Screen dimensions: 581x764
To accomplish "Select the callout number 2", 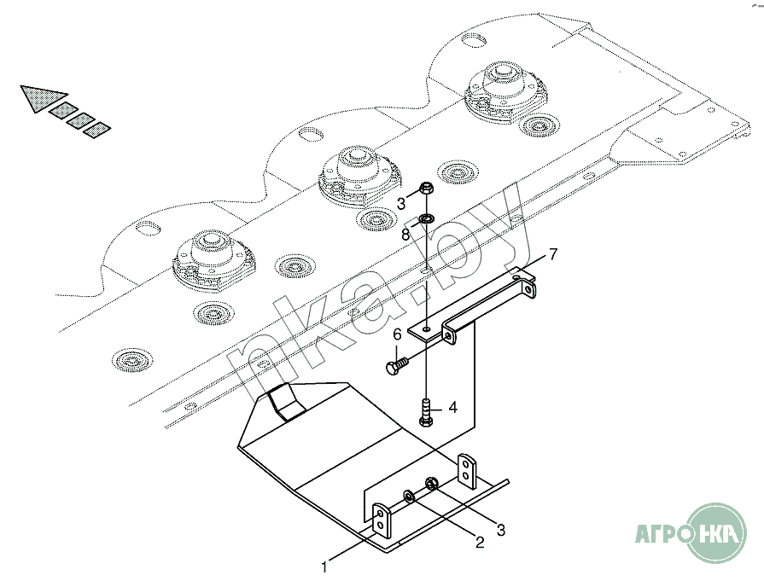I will [x=480, y=542].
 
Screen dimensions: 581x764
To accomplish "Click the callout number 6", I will [x=397, y=334].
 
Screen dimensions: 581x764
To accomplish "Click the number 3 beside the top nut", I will [x=401, y=203].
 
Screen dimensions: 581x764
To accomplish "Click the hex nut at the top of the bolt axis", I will [x=427, y=189].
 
